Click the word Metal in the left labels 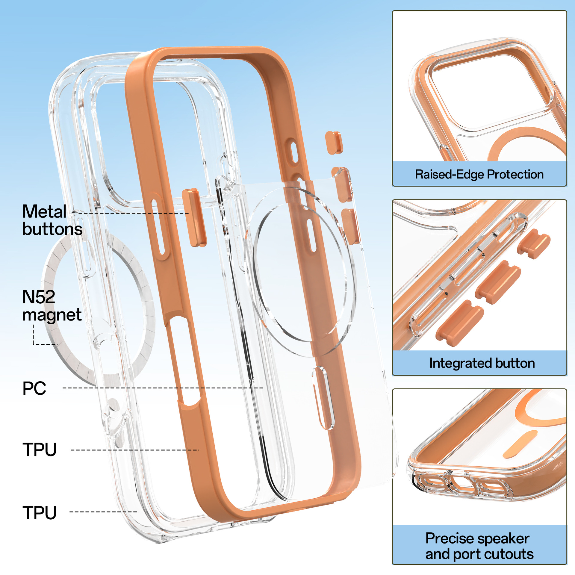pos(44,212)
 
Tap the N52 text pos(39,297)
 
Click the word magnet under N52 pos(52,315)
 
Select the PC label pos(34,388)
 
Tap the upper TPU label pos(40,450)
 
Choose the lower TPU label pos(40,513)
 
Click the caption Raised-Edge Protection pos(479,174)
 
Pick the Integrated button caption pos(482,363)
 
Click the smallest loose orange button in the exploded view pos(334,143)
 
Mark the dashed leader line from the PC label pos(163,388)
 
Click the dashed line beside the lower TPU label pos(103,512)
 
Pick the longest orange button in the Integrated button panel pos(460,323)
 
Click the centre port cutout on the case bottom pos(464,482)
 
